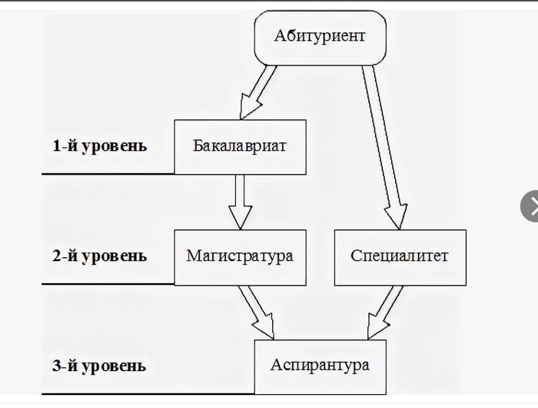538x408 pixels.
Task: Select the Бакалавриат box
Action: click(x=240, y=146)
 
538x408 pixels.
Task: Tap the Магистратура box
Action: click(x=240, y=256)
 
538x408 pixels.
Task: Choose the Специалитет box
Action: click(x=400, y=256)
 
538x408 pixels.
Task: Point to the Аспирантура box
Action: click(x=320, y=366)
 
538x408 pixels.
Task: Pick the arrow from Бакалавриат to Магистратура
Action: click(x=240, y=201)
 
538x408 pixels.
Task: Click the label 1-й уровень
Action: click(x=100, y=145)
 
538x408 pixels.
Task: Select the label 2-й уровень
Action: click(x=100, y=256)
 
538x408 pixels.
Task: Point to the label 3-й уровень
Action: click(x=100, y=366)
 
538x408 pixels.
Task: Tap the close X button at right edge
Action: click(x=530, y=206)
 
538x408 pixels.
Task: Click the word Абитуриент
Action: click(x=320, y=36)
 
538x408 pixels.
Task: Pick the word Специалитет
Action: click(x=400, y=256)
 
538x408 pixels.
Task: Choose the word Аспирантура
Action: click(x=320, y=366)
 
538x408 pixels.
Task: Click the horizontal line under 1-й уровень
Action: click(x=108, y=174)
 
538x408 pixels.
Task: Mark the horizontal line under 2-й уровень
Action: click(x=108, y=284)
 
